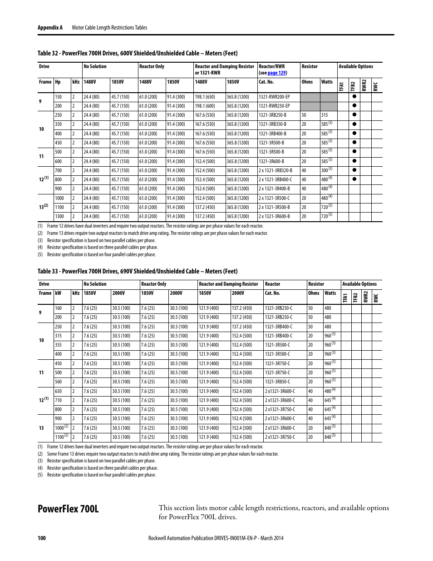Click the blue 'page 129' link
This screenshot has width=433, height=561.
(276, 73)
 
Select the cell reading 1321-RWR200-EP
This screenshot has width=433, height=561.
(274, 97)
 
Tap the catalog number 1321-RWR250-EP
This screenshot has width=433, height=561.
(274, 106)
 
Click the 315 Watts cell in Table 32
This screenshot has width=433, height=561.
(325, 115)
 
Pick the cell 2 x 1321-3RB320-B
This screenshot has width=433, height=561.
(275, 170)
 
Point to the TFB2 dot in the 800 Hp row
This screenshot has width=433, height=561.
(354, 179)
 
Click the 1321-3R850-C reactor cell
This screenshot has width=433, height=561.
(277, 382)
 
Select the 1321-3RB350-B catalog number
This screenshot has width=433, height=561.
(272, 124)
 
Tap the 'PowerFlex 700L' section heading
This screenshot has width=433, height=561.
(68, 509)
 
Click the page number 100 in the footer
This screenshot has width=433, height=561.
(41, 538)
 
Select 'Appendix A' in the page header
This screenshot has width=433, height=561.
(50, 28)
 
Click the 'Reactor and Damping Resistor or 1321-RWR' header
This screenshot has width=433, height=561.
(224, 70)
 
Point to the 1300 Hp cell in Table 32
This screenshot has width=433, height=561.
(59, 216)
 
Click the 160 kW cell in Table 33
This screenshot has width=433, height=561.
(59, 308)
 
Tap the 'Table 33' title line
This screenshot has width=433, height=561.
(138, 271)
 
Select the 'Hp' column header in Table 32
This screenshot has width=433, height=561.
(58, 82)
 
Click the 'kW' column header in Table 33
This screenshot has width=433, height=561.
(58, 293)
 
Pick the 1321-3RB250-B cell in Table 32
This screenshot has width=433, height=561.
(272, 115)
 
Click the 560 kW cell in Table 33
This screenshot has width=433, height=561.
(59, 382)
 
